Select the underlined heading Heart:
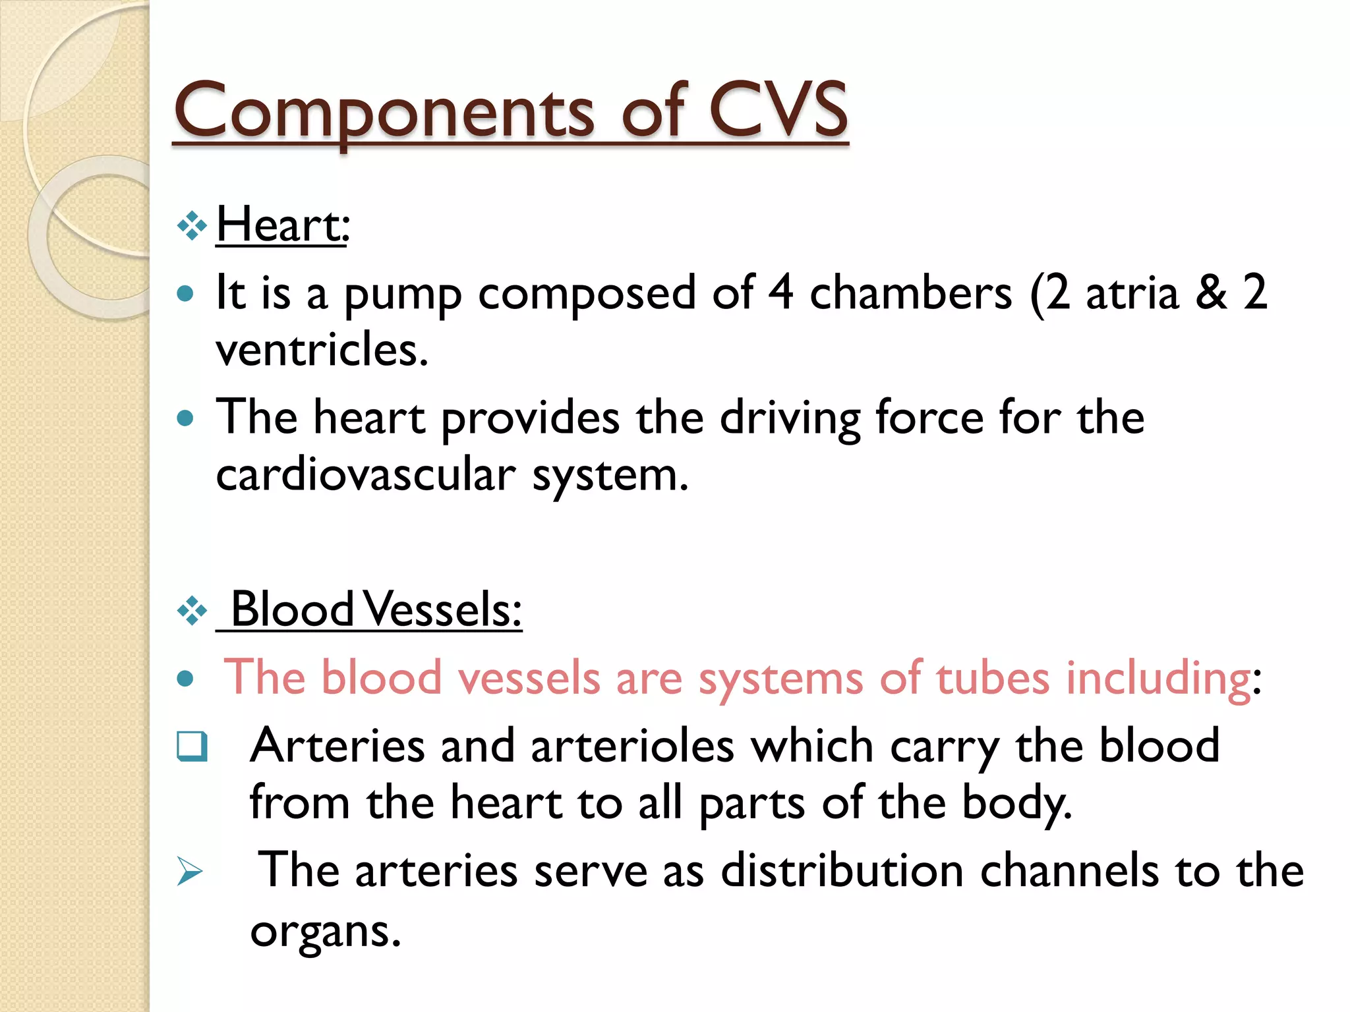[x=282, y=225]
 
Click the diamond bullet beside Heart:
[x=192, y=227]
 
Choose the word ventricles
[x=322, y=350]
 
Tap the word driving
[x=790, y=419]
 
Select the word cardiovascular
[x=365, y=476]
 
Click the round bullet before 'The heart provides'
[x=186, y=418]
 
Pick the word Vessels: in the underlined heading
[x=443, y=610]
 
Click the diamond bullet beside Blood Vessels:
[x=192, y=611]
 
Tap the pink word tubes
[x=993, y=678]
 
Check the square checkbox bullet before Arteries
[x=192, y=746]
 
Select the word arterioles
[x=632, y=746]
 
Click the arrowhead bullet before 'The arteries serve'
[x=190, y=872]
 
